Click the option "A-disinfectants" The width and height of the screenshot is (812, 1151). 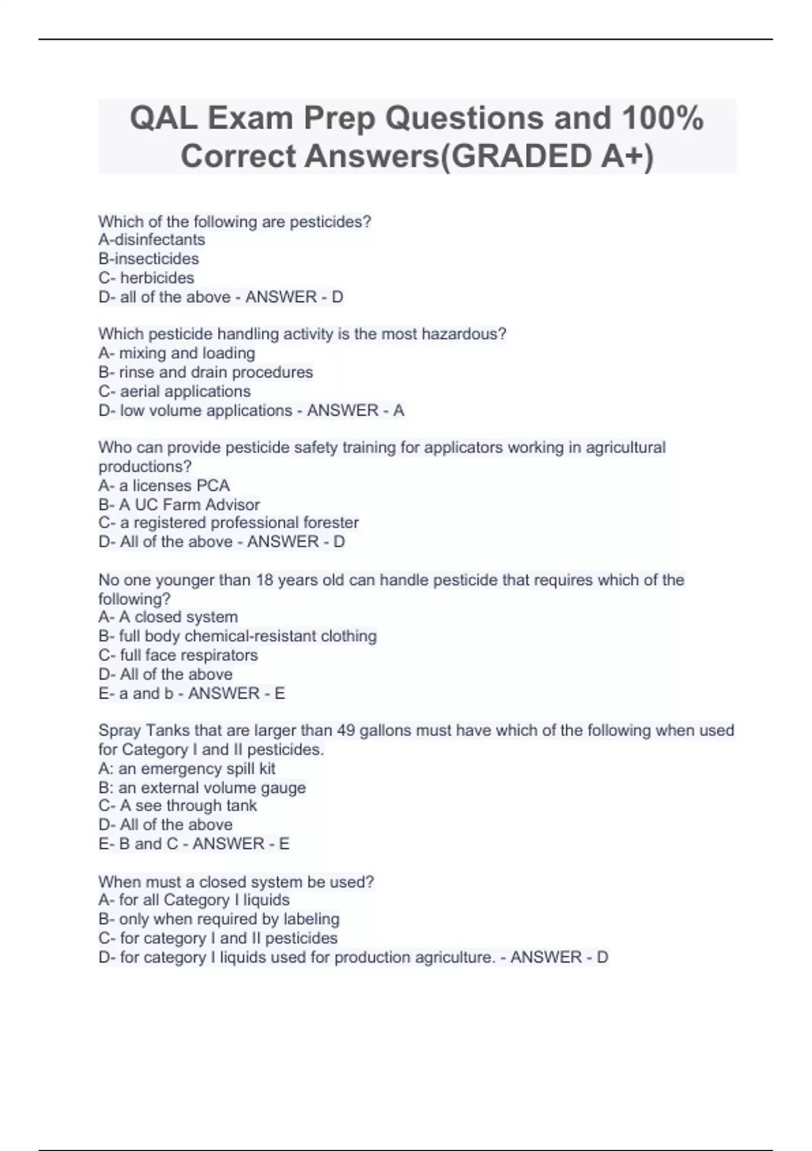152,240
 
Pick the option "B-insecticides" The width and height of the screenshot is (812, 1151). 149,259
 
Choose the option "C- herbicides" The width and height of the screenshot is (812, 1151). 146,278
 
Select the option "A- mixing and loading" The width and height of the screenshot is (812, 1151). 177,353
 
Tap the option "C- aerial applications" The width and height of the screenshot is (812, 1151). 175,391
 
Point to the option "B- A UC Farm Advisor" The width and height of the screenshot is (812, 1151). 179,504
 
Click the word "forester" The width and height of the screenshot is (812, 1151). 332,523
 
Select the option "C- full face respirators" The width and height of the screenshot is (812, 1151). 178,655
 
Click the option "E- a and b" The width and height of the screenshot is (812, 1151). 136,693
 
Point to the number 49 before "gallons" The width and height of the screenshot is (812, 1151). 346,731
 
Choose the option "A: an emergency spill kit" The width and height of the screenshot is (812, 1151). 187,768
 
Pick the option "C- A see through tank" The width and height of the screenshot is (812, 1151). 177,806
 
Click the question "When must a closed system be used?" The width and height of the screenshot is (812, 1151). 236,882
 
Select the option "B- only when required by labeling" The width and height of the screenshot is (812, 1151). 219,919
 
